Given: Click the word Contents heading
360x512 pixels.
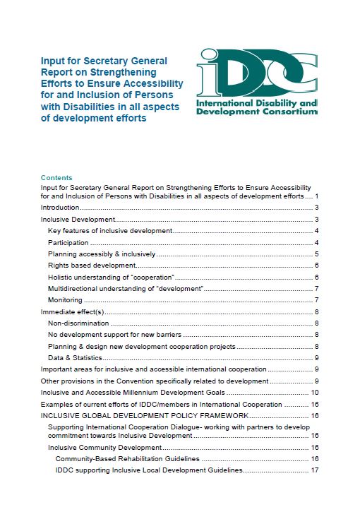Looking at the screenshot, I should [x=56, y=177].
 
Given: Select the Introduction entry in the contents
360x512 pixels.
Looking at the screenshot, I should [x=60, y=208].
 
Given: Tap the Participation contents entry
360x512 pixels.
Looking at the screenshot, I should [x=68, y=242].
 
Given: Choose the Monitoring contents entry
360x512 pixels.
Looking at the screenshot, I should [x=65, y=300].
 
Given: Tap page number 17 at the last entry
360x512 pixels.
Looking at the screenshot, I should [x=315, y=470].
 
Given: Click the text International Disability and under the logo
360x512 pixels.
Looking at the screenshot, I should [x=256, y=103].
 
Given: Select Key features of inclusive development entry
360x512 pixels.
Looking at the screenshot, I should [x=109, y=231].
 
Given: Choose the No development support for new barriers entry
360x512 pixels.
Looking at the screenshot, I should [x=114, y=335].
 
